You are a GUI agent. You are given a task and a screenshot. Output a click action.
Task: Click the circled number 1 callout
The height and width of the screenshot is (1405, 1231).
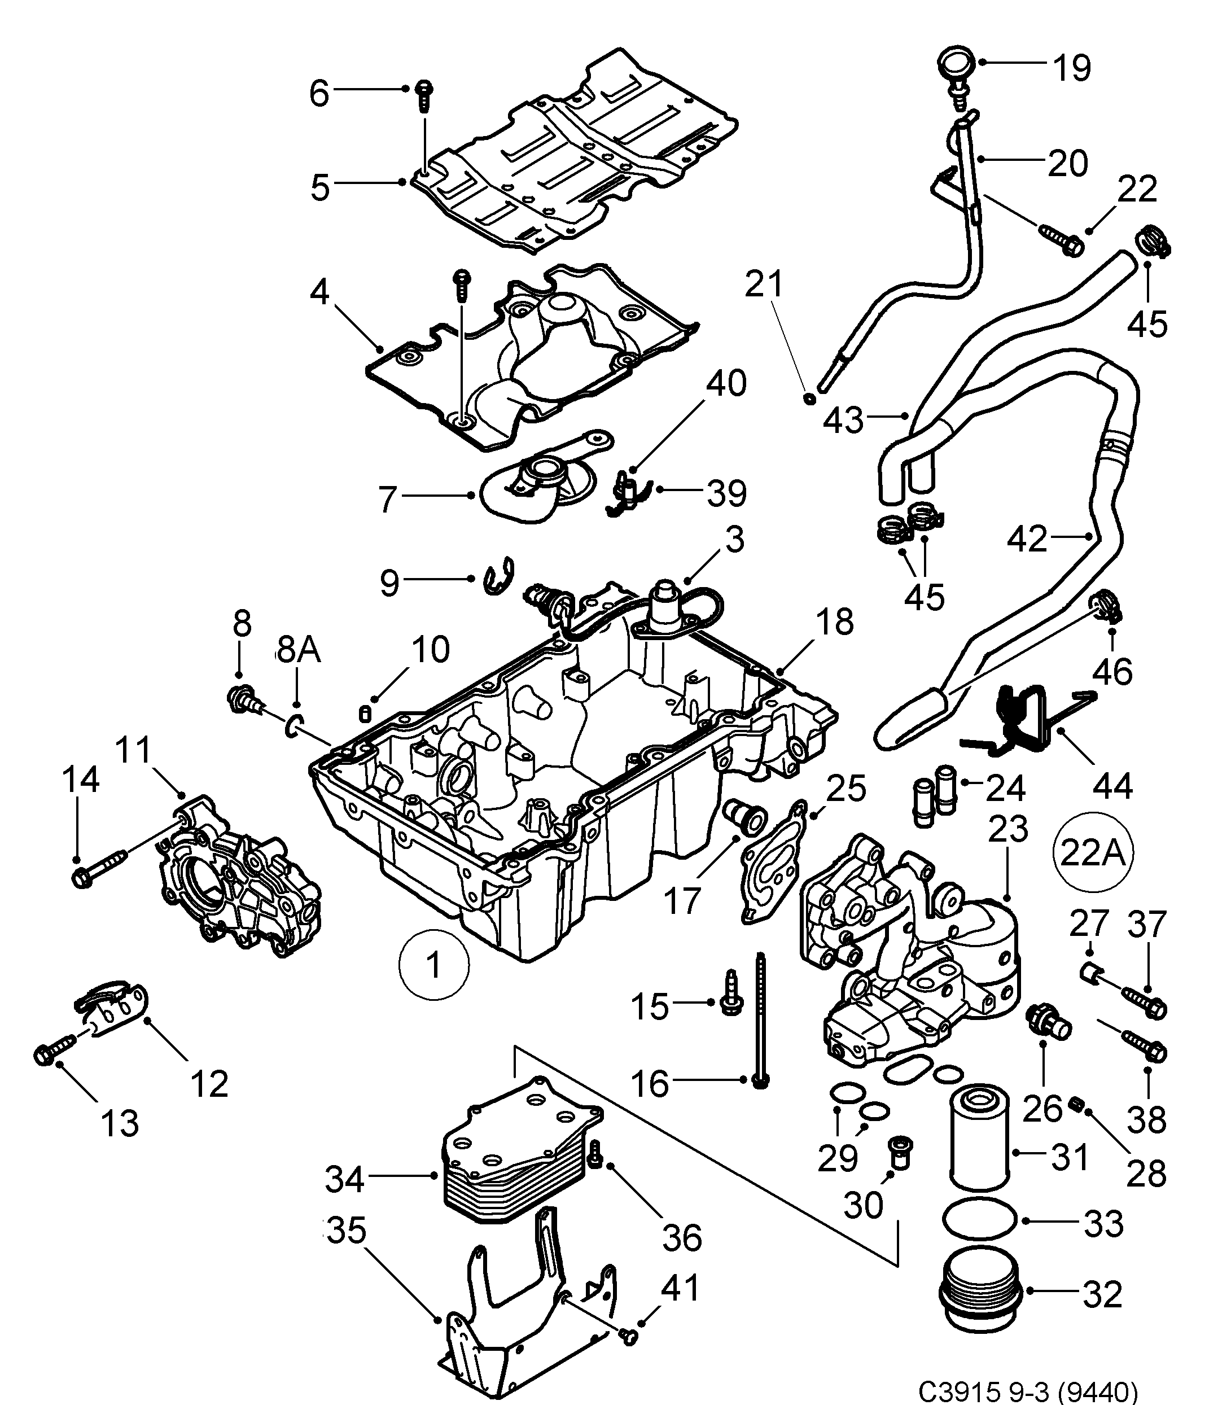pyautogui.click(x=434, y=965)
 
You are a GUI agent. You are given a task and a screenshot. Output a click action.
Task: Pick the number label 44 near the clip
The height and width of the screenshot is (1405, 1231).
pyautogui.click(x=1111, y=786)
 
